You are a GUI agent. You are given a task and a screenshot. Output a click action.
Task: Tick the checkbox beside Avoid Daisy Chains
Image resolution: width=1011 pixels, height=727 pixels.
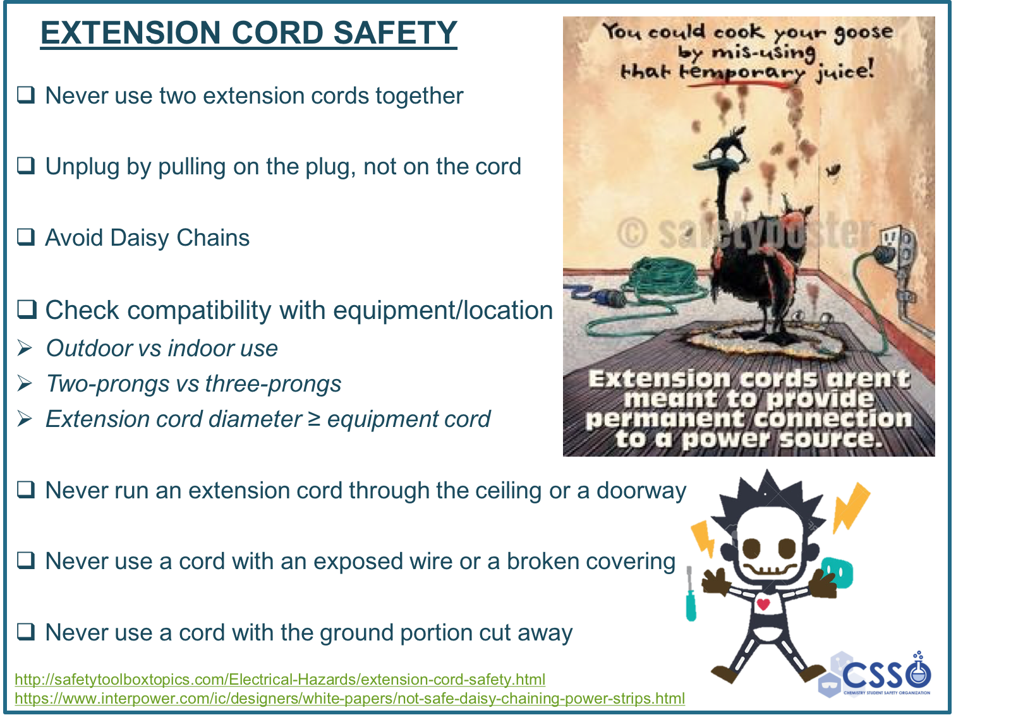click(26, 237)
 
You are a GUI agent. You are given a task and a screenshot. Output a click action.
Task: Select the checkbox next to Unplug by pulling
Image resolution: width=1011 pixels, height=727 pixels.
click(26, 166)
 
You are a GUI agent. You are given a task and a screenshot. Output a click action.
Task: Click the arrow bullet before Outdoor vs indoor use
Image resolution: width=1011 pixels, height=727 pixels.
click(25, 349)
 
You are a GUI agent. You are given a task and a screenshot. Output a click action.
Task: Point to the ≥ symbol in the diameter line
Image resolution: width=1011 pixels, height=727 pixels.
click(314, 419)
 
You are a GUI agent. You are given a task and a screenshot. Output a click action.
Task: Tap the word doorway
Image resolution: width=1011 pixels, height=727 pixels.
click(641, 491)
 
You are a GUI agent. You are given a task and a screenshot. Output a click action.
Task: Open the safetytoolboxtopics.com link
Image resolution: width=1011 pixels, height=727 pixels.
click(280, 679)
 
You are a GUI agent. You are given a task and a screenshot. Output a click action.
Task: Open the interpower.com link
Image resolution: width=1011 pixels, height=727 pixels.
click(350, 698)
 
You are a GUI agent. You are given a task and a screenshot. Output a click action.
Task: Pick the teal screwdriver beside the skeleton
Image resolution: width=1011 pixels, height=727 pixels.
click(691, 595)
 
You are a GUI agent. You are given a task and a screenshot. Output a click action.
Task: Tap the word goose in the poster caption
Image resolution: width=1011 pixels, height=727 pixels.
click(863, 32)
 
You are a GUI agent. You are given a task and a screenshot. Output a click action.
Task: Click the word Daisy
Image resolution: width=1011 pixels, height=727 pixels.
click(140, 238)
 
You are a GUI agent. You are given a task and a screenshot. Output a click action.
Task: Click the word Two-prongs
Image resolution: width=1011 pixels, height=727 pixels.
click(108, 385)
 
